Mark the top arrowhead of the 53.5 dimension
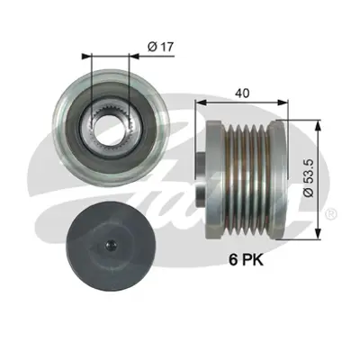pos(319,114)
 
